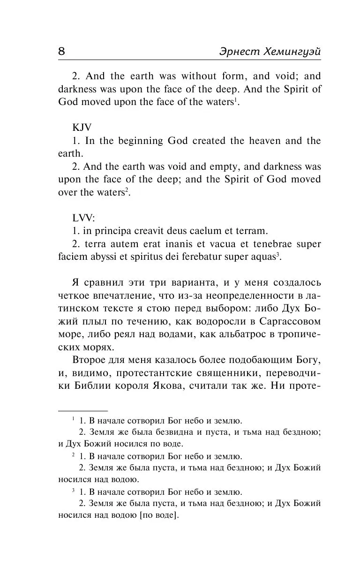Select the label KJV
pyautogui.click(x=82, y=128)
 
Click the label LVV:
pyautogui.click(x=83, y=218)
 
